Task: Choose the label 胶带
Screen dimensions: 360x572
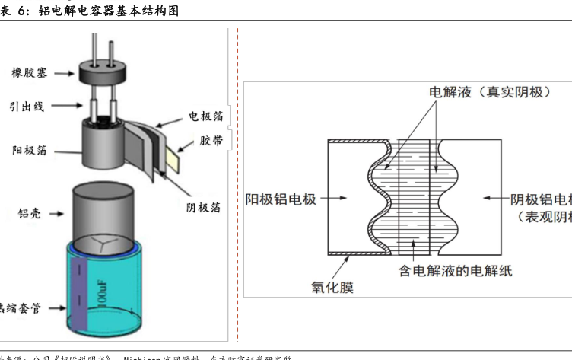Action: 211,141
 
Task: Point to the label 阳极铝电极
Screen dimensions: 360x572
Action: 281,199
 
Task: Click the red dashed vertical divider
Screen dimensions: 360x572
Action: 237,183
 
